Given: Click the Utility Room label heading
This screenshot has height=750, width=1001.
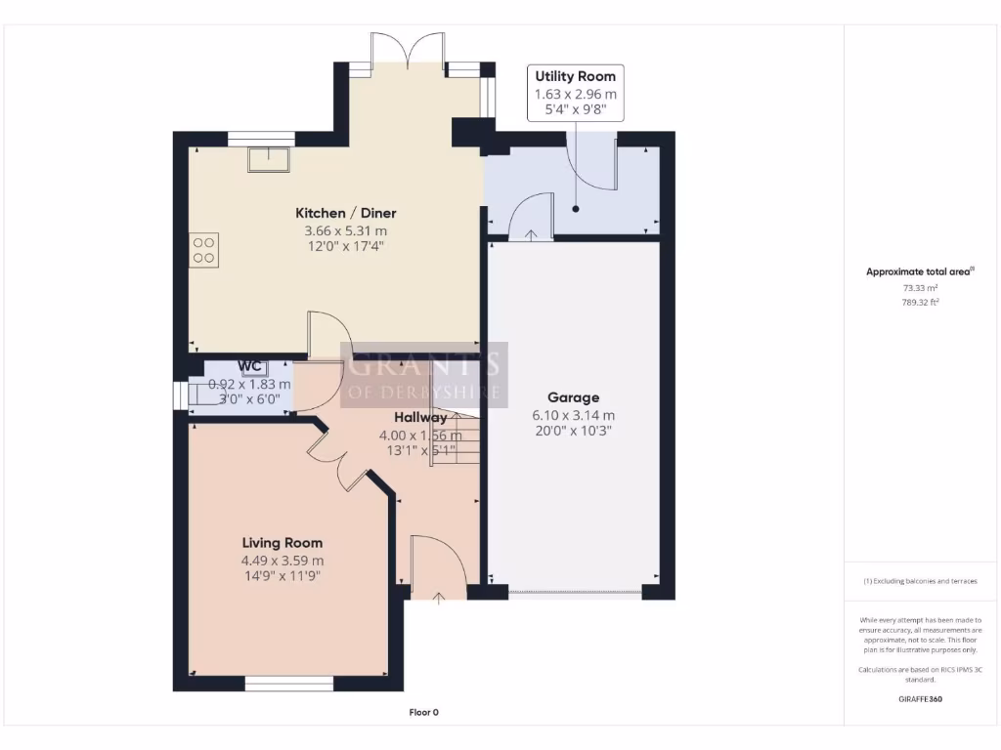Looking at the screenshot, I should pos(575,76).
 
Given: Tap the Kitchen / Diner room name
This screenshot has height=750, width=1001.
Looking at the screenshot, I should pos(346,213).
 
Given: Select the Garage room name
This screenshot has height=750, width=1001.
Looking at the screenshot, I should pos(573,397).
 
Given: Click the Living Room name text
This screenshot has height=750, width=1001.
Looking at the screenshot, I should pos(283,543).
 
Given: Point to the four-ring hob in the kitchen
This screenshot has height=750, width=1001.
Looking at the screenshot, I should pos(205,250).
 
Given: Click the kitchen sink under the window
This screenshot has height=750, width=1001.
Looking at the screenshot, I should pos(268,157).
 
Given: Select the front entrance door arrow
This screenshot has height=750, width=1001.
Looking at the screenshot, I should pos(438,597).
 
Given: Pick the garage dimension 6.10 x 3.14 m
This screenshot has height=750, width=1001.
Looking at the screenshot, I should pos(573,414).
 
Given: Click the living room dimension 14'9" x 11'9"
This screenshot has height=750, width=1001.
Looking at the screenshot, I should pos(283,576).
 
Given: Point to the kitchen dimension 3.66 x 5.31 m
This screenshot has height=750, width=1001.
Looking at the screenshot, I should pos(346,230).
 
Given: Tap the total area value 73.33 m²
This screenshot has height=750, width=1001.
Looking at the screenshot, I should pos(919,289).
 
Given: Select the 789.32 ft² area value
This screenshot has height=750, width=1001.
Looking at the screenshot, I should pos(919,303).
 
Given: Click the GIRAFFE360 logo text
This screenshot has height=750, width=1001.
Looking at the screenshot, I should pos(920,699).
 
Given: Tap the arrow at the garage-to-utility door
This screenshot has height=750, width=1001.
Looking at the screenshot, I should pos(530,234).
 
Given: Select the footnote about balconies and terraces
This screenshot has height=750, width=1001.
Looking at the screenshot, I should pos(920,581).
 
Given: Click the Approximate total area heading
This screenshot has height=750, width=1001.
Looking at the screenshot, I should pos(920,272).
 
